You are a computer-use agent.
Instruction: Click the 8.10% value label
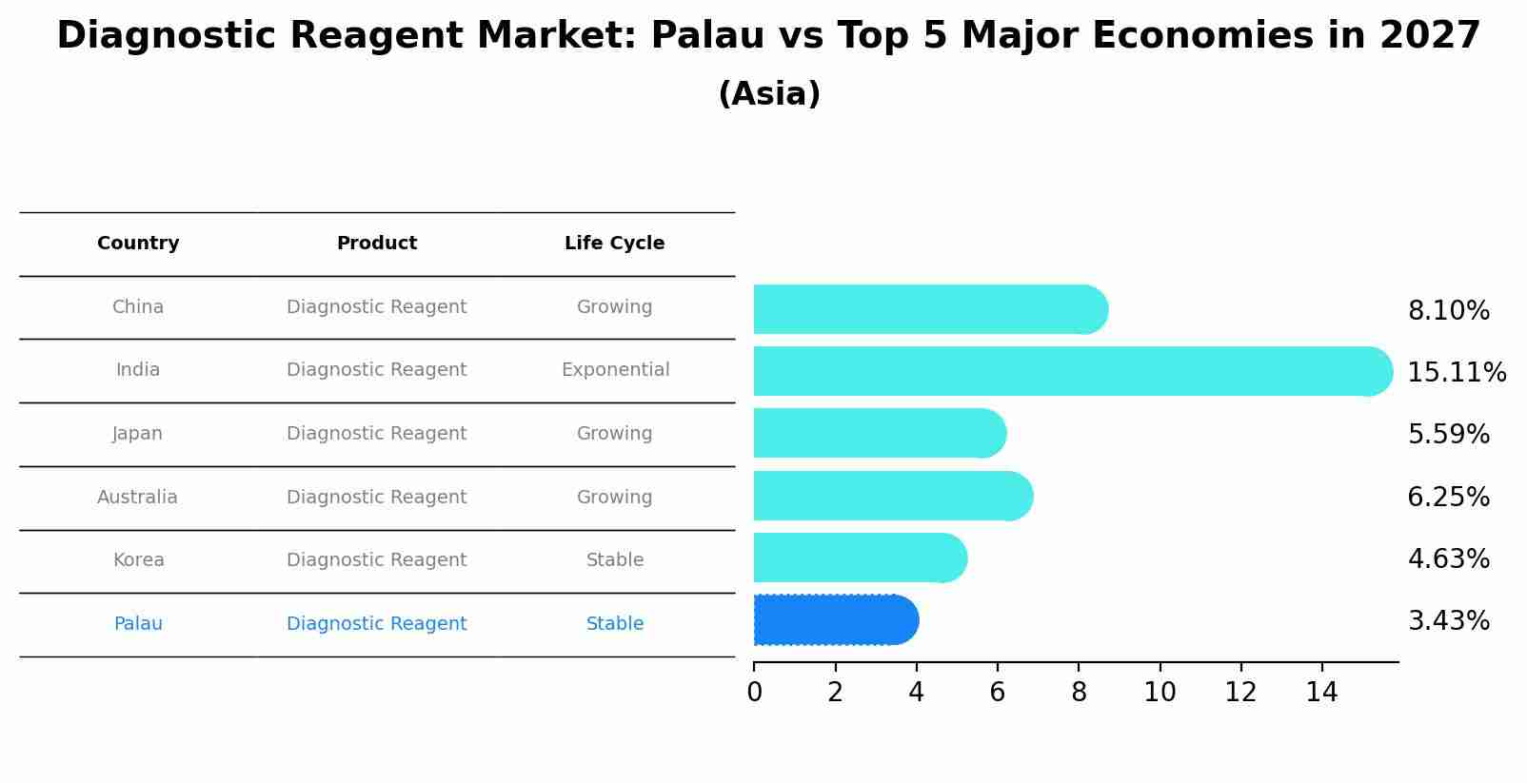pyautogui.click(x=1448, y=311)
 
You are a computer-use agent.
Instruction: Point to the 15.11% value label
pyautogui.click(x=1456, y=373)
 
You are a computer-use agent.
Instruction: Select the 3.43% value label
pyautogui.click(x=1448, y=621)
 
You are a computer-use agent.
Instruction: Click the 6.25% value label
pyautogui.click(x=1448, y=498)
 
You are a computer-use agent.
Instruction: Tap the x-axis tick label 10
pyautogui.click(x=1160, y=693)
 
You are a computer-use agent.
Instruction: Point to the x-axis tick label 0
pyautogui.click(x=754, y=693)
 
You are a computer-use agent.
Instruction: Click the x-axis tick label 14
pyautogui.click(x=1321, y=693)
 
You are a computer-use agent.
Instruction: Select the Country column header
pyautogui.click(x=138, y=244)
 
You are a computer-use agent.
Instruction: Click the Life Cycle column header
pyautogui.click(x=614, y=244)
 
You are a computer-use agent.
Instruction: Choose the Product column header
pyautogui.click(x=376, y=244)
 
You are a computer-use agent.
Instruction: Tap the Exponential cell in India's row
pyautogui.click(x=615, y=370)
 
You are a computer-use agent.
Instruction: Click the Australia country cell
pyautogui.click(x=137, y=498)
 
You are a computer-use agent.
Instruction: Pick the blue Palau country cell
pyautogui.click(x=138, y=624)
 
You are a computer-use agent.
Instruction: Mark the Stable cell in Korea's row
pyautogui.click(x=615, y=560)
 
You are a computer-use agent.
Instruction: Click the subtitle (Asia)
pyautogui.click(x=769, y=94)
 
